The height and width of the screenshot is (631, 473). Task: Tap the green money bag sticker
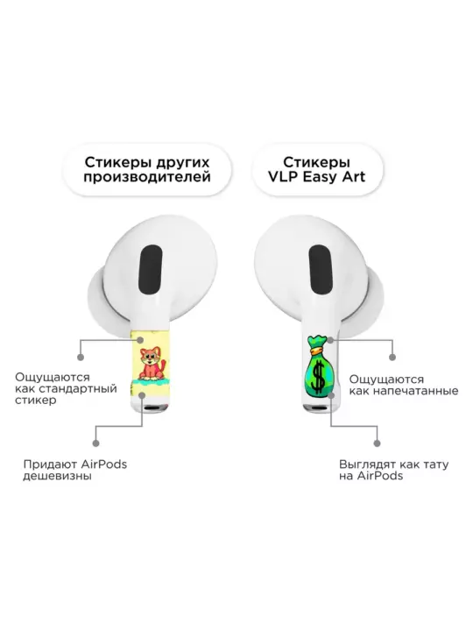click(x=320, y=365)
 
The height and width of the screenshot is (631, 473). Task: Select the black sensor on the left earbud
click(x=150, y=271)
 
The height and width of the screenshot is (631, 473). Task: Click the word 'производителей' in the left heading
click(x=147, y=177)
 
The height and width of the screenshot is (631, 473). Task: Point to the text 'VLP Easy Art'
click(x=317, y=177)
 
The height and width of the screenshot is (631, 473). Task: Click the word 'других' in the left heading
click(x=182, y=163)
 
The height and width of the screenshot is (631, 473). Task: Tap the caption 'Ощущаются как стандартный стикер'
click(x=66, y=389)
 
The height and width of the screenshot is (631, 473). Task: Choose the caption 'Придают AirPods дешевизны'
click(x=74, y=470)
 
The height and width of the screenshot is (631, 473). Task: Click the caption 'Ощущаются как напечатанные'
click(x=404, y=385)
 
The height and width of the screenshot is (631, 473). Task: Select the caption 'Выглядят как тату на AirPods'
click(x=393, y=470)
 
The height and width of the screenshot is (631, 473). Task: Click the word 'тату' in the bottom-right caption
click(x=435, y=464)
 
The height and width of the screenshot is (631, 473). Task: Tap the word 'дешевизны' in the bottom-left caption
click(x=57, y=476)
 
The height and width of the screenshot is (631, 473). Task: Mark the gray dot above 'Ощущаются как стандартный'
click(x=81, y=357)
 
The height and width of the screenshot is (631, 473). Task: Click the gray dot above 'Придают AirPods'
click(x=95, y=443)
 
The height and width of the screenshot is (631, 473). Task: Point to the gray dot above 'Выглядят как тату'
click(x=377, y=443)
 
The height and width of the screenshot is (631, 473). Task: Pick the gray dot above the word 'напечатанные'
click(x=392, y=357)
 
